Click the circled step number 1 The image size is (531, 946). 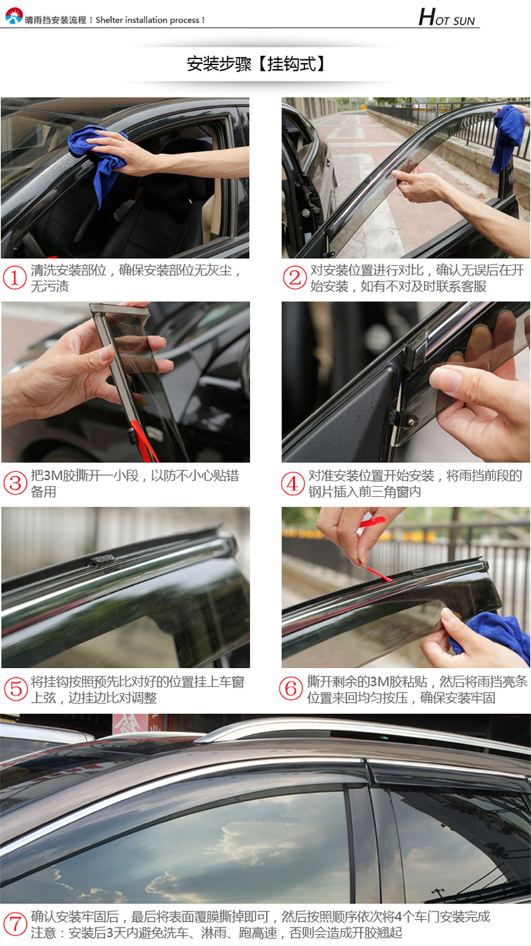pos(14,278)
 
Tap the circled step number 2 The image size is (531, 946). pos(294,278)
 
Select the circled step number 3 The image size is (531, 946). pos(15,483)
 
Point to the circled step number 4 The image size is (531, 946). pos(292,483)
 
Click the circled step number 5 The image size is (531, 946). pos(15,689)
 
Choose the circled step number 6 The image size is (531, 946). pos(290,689)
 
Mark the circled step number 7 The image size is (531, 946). pos(15,924)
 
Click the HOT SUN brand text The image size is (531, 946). pos(447,17)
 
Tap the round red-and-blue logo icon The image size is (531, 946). pos(13,16)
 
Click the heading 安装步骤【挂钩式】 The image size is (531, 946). pos(256,64)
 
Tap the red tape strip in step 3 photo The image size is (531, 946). pos(142,439)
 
